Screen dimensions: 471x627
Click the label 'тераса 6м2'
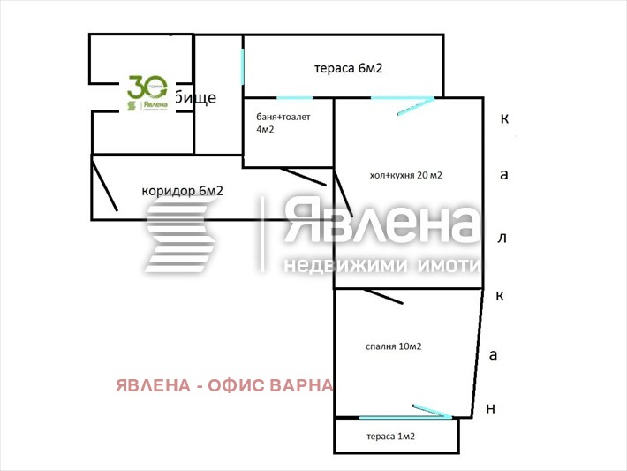click(348, 69)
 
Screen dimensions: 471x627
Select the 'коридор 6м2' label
click(182, 191)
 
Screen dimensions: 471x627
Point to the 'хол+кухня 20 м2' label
click(405, 175)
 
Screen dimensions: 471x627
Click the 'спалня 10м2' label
click(393, 346)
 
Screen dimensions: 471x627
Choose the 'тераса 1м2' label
click(390, 437)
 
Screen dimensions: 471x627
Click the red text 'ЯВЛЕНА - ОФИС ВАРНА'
click(224, 385)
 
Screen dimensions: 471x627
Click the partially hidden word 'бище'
click(194, 97)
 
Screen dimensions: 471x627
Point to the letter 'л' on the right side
click(502, 238)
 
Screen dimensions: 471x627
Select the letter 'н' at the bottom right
click(491, 408)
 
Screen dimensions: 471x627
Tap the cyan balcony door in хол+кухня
click(413, 106)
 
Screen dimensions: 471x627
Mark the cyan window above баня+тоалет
click(294, 97)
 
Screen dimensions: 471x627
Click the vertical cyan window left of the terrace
click(243, 66)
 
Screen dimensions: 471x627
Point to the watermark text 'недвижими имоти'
click(381, 265)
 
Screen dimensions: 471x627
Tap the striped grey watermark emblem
click(181, 235)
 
